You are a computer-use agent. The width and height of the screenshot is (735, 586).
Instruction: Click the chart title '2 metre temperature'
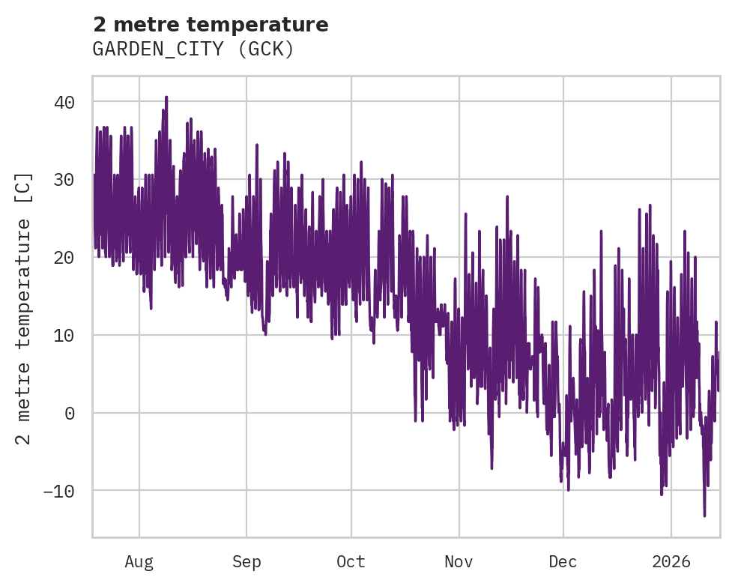211,25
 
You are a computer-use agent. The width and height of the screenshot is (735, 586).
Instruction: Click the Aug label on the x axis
139,561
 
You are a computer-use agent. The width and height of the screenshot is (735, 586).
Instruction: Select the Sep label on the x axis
246,561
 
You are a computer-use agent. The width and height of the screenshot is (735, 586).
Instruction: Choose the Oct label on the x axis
351,561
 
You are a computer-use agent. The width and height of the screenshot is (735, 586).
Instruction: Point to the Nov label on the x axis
459,561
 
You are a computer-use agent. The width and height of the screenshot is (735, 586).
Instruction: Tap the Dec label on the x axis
563,561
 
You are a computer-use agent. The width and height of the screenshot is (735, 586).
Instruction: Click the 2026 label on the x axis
671,561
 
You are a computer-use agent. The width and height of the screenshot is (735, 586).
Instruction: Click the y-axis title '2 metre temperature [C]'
25,307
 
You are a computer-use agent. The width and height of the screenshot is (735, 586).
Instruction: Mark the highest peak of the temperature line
166,97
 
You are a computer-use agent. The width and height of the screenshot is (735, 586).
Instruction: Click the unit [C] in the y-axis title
25,184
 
